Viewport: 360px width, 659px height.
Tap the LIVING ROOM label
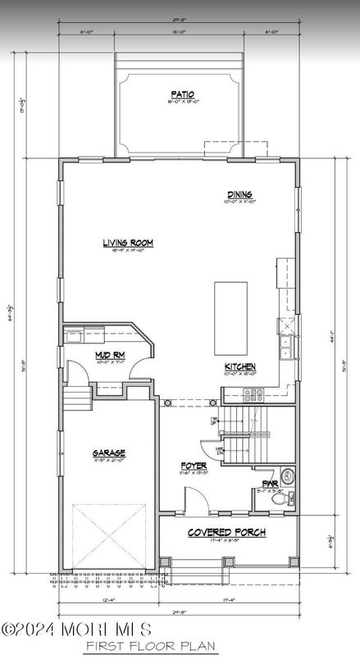[129, 243]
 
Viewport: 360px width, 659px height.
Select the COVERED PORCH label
[226, 533]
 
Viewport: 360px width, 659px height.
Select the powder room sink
[287, 475]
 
